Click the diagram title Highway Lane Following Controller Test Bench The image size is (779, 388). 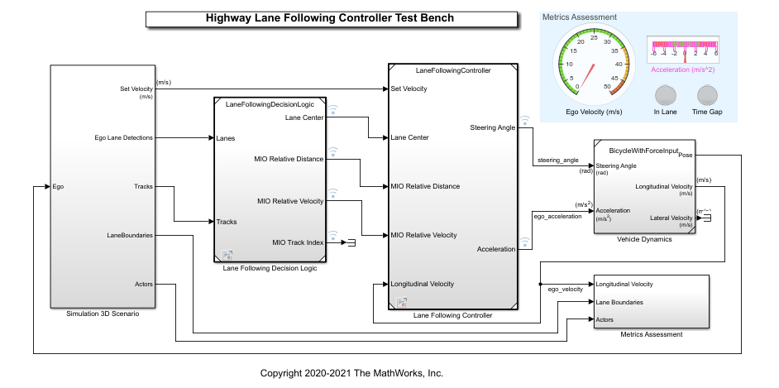(x=329, y=17)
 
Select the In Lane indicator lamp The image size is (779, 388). (x=665, y=94)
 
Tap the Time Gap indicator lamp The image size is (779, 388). (x=707, y=94)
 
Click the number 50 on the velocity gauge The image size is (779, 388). (x=608, y=85)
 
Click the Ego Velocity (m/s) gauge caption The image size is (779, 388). (x=593, y=112)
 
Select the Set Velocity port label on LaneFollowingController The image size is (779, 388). (x=409, y=89)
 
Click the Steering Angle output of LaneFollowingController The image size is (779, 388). (x=493, y=127)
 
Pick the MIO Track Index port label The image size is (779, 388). (x=298, y=242)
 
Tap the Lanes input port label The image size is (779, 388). (x=226, y=138)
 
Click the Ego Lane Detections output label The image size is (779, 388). (x=123, y=137)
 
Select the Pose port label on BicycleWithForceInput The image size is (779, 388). (x=685, y=154)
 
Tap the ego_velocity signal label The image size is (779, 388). (x=565, y=290)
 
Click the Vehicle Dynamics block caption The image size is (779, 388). (x=645, y=239)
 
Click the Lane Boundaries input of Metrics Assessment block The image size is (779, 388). (x=619, y=302)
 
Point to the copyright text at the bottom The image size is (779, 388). (x=351, y=373)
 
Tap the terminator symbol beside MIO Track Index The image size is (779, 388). (x=351, y=242)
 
